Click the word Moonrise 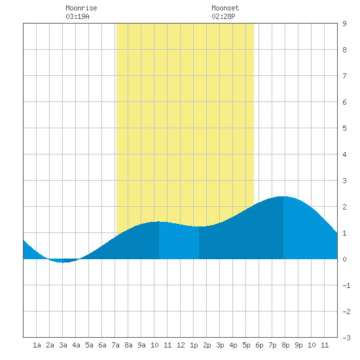[81, 8]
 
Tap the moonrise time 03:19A [77, 16]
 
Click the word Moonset [225, 8]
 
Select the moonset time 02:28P [223, 16]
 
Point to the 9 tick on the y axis [344, 24]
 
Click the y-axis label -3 [346, 338]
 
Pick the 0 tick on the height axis [344, 259]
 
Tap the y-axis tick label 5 [344, 128]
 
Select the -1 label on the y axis [346, 285]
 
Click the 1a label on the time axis [37, 345]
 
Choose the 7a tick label [115, 345]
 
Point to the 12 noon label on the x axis [181, 345]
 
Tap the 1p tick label [194, 345]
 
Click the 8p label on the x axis [285, 345]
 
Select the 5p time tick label [246, 345]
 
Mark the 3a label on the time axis [63, 345]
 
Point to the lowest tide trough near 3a [63, 262]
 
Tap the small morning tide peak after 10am [159, 221]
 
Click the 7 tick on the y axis [344, 76]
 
